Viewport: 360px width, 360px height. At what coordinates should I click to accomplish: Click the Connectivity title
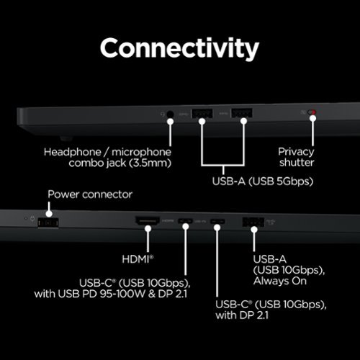click(x=179, y=49)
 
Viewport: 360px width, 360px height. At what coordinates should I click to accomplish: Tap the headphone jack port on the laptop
click(x=170, y=114)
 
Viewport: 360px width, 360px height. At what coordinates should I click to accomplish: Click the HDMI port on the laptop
click(x=148, y=220)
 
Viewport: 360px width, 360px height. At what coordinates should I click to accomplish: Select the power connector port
click(x=48, y=223)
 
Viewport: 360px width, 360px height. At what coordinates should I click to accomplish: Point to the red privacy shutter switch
click(x=312, y=112)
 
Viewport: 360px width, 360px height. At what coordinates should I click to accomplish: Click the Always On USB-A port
click(x=253, y=222)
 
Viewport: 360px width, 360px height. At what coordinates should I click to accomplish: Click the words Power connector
click(x=90, y=194)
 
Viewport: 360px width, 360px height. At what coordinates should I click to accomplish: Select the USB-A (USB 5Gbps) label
click(x=263, y=181)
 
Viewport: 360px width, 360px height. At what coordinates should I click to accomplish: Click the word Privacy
click(x=296, y=152)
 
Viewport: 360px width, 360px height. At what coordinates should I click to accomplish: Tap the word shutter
click(x=297, y=163)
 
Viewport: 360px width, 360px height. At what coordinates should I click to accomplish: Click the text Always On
click(x=280, y=281)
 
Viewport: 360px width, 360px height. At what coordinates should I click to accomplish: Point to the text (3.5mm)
click(x=150, y=163)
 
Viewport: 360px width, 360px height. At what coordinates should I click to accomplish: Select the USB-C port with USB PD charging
click(x=185, y=221)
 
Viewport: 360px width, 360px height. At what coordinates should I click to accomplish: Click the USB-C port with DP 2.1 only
click(x=217, y=221)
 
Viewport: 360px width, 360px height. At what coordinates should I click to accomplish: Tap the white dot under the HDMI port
click(x=148, y=228)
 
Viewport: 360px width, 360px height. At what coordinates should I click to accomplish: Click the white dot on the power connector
click(x=49, y=214)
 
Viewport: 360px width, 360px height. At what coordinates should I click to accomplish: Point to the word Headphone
click(x=73, y=152)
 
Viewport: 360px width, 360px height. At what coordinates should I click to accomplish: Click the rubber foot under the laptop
click(x=66, y=138)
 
